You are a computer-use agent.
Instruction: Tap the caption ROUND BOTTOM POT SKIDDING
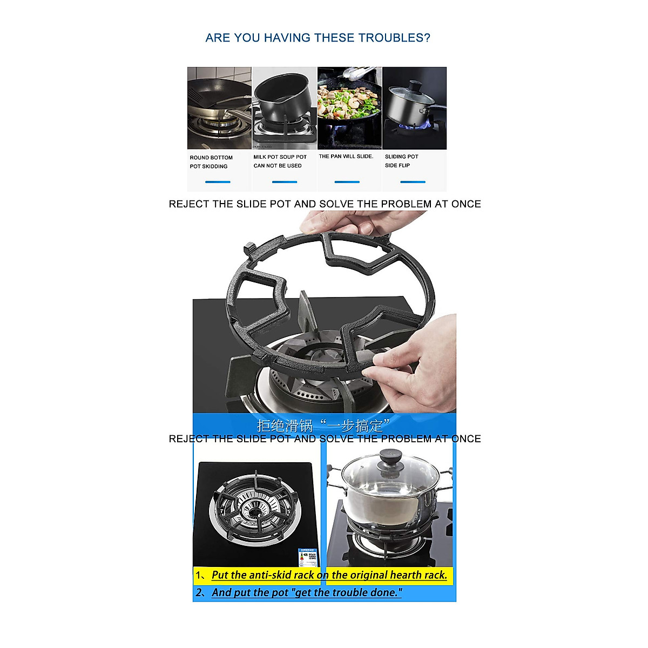coord(211,162)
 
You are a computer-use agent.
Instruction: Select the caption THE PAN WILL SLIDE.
coord(346,157)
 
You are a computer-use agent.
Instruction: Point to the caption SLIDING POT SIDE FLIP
coord(401,161)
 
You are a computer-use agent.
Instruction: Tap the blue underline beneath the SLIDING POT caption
coord(413,182)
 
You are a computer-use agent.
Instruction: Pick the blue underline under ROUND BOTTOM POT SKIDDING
coord(218,182)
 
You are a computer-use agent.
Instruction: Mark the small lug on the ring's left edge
coord(249,249)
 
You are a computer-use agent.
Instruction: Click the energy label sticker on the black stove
coord(308,556)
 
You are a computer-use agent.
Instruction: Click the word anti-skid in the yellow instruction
coord(272,575)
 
